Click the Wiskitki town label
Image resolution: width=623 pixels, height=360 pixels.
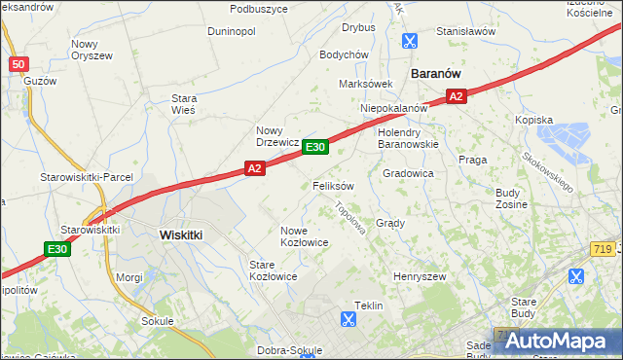(x=180, y=234)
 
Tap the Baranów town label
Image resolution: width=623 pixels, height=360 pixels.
(x=435, y=73)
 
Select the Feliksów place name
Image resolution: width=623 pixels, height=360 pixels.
(x=333, y=185)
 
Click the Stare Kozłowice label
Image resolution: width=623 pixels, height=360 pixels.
(x=273, y=270)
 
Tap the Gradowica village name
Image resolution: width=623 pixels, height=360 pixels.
(x=408, y=173)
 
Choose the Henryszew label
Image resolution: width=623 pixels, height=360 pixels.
(x=419, y=277)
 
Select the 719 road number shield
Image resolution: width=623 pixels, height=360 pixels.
(x=602, y=251)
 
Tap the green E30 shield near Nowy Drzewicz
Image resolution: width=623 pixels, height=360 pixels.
(x=313, y=147)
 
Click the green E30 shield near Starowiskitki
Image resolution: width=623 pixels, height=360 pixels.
(x=57, y=250)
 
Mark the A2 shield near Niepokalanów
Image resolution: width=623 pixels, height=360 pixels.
(x=457, y=95)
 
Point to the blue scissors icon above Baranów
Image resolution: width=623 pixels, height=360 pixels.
(x=409, y=41)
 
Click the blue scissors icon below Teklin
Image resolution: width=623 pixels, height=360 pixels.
(x=348, y=318)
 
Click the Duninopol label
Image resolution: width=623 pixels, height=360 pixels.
(x=232, y=31)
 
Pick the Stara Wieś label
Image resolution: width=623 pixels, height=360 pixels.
(x=184, y=104)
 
